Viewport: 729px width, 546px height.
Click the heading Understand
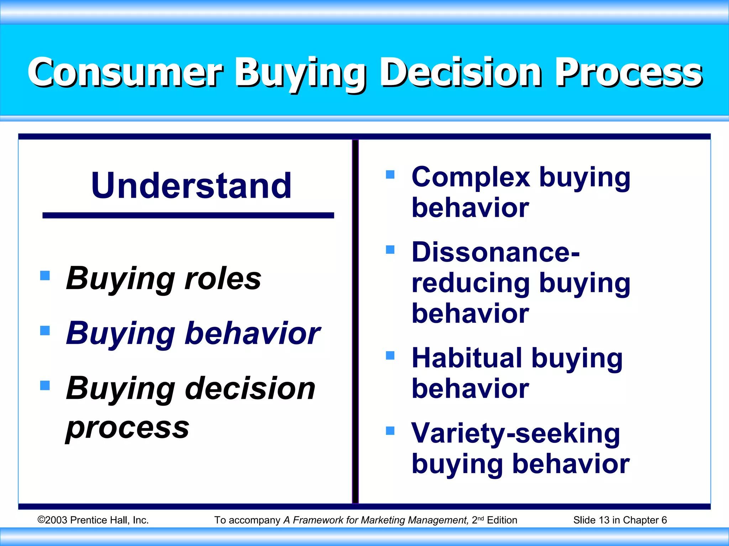click(x=191, y=186)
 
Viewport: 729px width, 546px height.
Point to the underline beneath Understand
click(x=188, y=215)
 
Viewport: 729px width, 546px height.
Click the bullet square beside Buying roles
click(x=45, y=275)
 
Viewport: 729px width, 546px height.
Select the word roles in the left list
click(x=223, y=278)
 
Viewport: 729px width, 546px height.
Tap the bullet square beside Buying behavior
click(x=45, y=331)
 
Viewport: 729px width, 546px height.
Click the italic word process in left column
click(x=127, y=427)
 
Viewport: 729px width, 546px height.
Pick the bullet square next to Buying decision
click(x=45, y=385)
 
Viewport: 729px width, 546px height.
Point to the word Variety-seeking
click(x=515, y=433)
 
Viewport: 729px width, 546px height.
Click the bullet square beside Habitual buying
click(x=390, y=355)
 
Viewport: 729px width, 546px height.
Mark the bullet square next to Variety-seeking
click(x=390, y=431)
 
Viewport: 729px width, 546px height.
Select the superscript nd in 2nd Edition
click(x=481, y=519)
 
